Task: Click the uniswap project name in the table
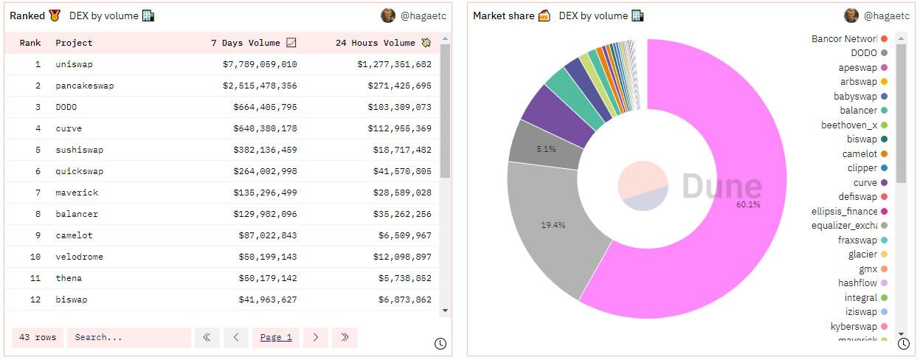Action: [x=74, y=64]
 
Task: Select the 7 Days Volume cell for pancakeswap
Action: [x=260, y=86]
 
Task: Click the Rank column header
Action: [x=30, y=43]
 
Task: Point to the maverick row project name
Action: [x=77, y=193]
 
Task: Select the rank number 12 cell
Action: [x=35, y=300]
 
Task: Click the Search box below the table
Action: [x=128, y=337]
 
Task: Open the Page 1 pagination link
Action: [x=276, y=337]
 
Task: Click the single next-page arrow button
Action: [x=315, y=337]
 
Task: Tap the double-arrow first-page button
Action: [x=207, y=337]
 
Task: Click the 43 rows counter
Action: [x=38, y=337]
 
